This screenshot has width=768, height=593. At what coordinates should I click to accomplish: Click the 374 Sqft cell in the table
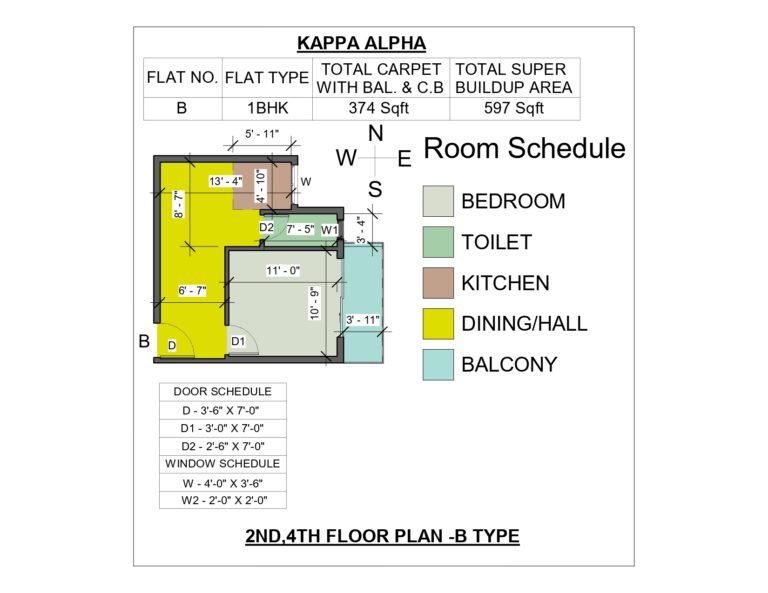coord(379,108)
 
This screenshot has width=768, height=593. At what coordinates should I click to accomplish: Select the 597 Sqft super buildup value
coord(514,108)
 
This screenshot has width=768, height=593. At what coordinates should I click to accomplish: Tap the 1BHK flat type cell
coord(267,108)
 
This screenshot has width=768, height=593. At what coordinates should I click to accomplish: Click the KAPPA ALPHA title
coord(361,43)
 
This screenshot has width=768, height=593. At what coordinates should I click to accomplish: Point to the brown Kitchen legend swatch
coord(438,283)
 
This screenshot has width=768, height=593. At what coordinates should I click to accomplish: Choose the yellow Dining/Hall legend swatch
coord(438,323)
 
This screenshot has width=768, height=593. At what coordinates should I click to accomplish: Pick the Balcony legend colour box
coord(438,364)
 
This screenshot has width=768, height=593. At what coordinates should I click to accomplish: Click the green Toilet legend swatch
coord(438,242)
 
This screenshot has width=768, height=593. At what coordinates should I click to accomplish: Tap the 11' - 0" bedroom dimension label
coord(283,271)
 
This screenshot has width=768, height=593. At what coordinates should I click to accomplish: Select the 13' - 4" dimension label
coord(226,181)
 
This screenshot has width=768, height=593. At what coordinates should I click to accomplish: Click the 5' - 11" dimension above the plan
coord(262,134)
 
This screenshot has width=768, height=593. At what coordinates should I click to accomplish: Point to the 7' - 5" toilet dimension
coord(300,229)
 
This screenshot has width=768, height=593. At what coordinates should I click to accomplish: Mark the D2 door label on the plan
coord(266,227)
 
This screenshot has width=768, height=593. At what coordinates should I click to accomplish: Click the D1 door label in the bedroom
coord(238,341)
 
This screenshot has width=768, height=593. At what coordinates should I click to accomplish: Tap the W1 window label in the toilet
coord(329,230)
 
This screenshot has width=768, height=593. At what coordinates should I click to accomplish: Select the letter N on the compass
coord(375,134)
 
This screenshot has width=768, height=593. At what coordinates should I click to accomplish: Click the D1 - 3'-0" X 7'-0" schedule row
coord(222,428)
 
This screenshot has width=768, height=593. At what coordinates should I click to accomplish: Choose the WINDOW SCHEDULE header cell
coord(222,464)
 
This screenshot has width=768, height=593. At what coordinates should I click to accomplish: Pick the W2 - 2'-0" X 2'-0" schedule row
coord(224,500)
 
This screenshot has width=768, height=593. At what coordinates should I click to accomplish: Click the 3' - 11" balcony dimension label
coord(363,320)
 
